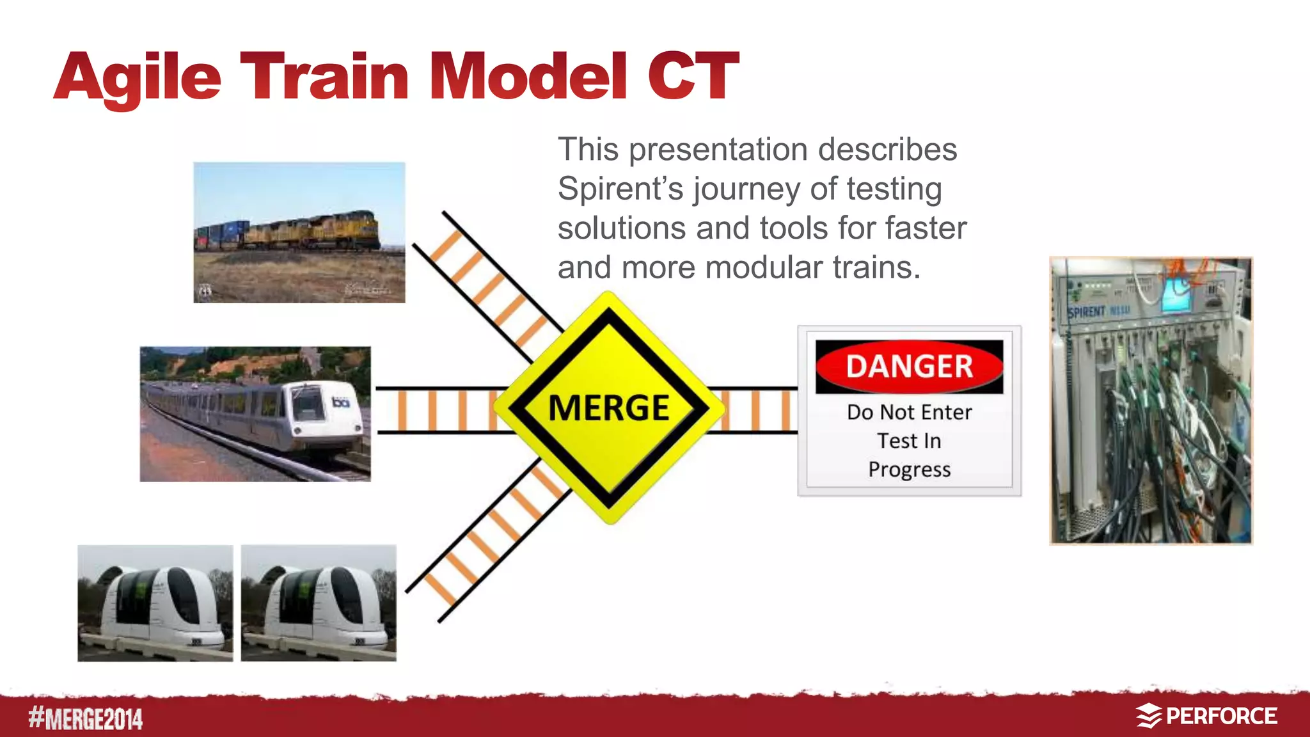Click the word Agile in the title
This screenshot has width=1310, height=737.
[138, 78]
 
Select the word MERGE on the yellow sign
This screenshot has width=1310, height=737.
[608, 408]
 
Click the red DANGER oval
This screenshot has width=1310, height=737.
[909, 367]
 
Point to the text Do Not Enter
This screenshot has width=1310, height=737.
[909, 413]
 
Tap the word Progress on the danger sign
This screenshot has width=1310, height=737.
[909, 470]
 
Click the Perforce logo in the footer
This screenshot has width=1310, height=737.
[1207, 716]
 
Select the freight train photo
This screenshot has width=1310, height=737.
[299, 232]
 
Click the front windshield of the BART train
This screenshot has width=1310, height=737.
[309, 406]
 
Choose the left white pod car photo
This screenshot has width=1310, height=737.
[155, 603]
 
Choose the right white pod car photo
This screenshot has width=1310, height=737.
[319, 603]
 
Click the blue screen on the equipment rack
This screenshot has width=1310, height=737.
[1174, 296]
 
